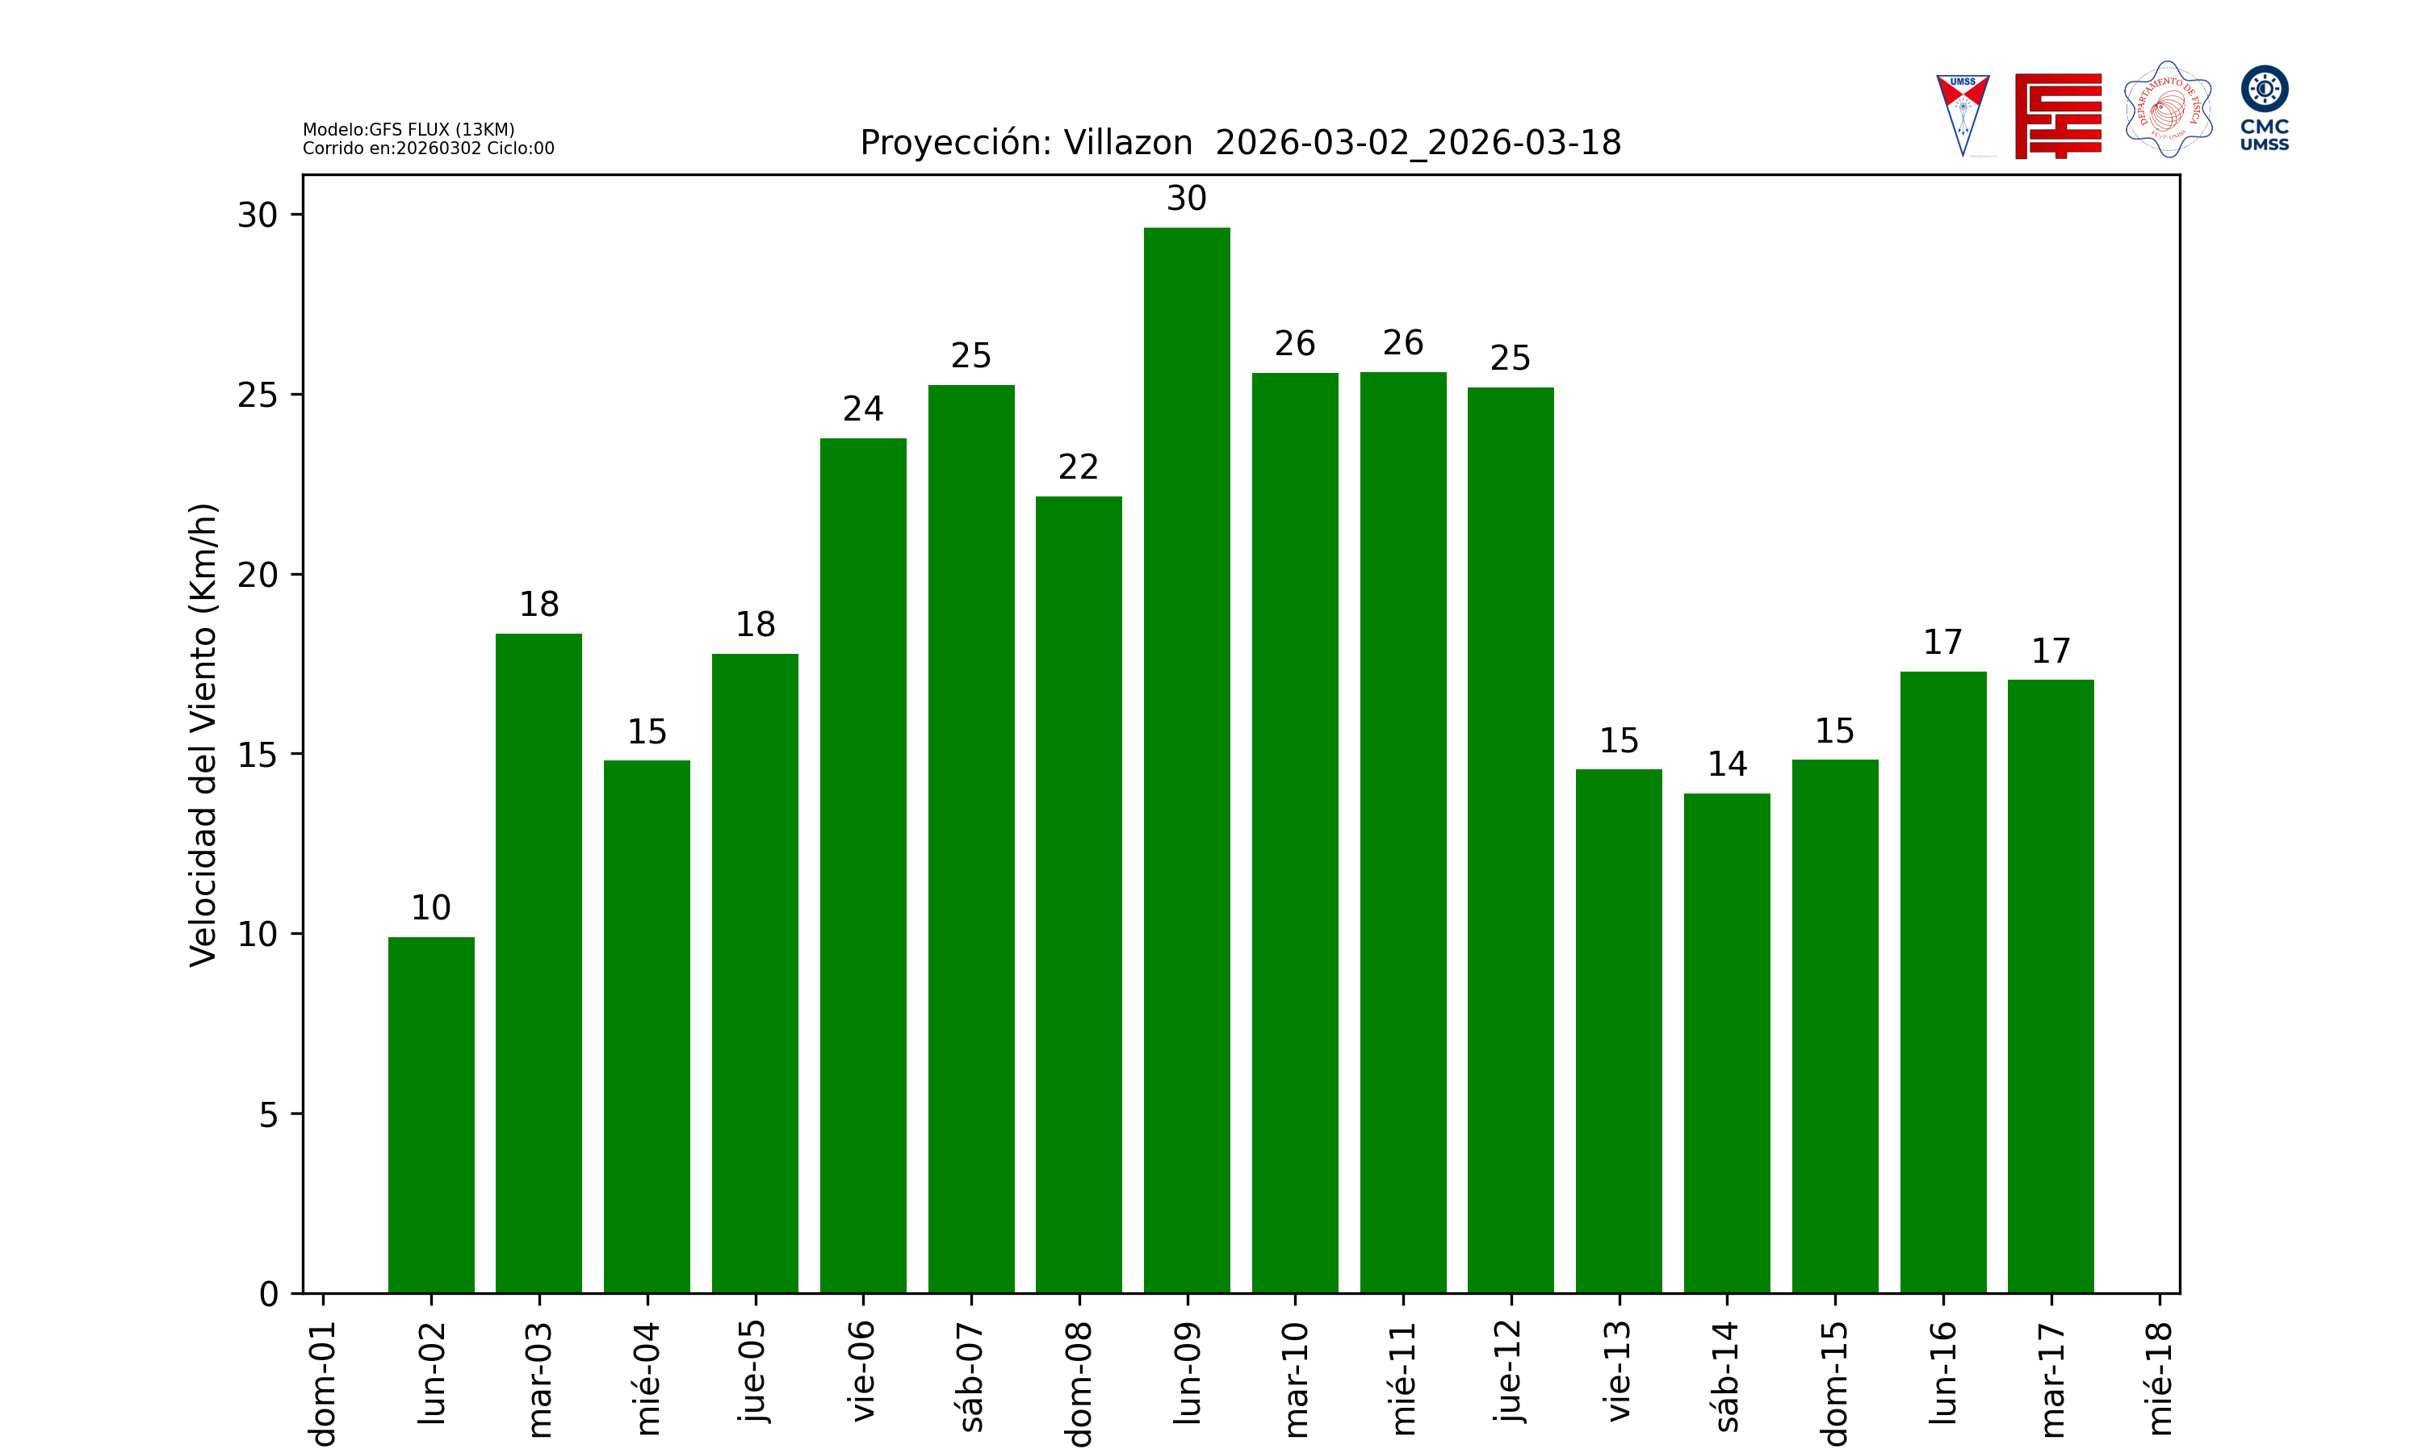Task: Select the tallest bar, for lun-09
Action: pos(1187,760)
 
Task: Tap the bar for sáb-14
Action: pos(1727,1043)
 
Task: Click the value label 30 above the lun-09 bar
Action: pos(1187,199)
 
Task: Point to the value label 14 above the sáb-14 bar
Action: pos(1727,764)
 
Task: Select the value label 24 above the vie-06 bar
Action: pos(862,408)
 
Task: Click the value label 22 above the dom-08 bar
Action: pos(1078,467)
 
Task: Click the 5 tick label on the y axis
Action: pos(268,1114)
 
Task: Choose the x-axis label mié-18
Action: pos(2159,1379)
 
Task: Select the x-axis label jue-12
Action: pos(1511,1371)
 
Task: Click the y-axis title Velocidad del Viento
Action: pos(203,735)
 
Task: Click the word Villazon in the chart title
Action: pos(1128,143)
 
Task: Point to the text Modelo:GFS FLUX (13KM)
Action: pos(409,129)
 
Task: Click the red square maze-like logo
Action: pos(2058,115)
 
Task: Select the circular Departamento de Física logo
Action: pos(2168,110)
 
